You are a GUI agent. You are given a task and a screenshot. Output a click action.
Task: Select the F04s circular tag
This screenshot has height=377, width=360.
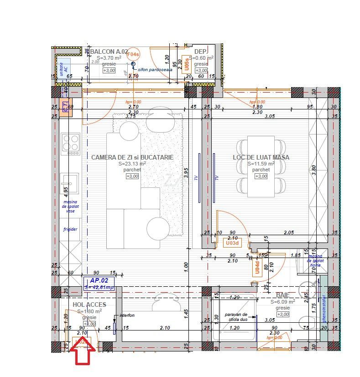[x=133, y=54]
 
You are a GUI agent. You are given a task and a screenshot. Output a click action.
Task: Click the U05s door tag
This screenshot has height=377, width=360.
[x=186, y=63]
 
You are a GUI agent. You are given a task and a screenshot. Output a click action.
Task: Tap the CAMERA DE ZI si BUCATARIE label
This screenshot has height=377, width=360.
[x=132, y=157]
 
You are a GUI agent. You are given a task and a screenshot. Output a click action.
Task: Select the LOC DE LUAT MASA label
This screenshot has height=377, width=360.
[x=261, y=157]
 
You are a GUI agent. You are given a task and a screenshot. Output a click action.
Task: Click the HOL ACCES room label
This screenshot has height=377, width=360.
[x=89, y=305]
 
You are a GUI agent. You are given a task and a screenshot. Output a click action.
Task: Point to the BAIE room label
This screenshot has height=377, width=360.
[x=283, y=295]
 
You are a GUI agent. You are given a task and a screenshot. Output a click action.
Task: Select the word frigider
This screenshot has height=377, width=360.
[x=70, y=229]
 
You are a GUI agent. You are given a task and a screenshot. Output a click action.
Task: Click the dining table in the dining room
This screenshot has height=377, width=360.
[x=261, y=166]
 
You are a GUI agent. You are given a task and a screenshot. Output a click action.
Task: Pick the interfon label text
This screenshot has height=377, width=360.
[x=127, y=315]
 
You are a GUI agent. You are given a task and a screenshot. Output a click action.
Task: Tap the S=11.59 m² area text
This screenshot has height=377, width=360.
[x=261, y=164]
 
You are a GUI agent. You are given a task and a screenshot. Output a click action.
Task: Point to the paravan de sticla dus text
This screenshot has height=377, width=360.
[x=236, y=317]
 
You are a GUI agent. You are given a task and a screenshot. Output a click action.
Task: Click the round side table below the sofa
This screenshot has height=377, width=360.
[x=158, y=227]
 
